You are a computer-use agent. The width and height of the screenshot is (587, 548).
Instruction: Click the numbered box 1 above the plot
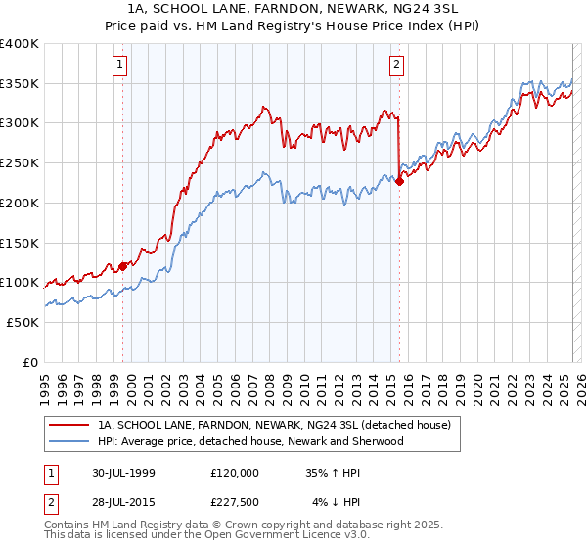click(x=119, y=66)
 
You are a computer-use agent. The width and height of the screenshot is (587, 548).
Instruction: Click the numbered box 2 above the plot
click(x=397, y=66)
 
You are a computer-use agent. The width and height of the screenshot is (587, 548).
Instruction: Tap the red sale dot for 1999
click(x=123, y=265)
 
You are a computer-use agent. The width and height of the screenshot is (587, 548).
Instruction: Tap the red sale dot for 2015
click(x=400, y=181)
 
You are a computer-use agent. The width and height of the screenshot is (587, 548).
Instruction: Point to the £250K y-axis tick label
click(x=20, y=163)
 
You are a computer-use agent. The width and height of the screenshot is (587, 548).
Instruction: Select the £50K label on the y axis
click(x=23, y=322)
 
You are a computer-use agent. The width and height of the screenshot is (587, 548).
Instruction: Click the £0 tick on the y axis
click(x=31, y=362)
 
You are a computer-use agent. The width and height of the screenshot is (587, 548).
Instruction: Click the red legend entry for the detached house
click(x=274, y=425)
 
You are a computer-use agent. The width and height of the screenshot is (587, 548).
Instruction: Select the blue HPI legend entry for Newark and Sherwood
click(x=249, y=441)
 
